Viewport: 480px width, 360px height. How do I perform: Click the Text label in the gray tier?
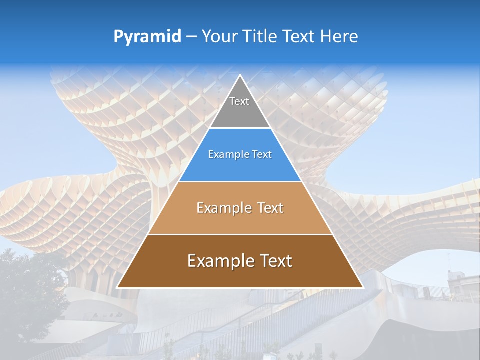[x=239, y=101]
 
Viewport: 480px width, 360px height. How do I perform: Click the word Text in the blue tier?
[x=261, y=155]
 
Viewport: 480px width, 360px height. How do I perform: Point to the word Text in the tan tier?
[x=270, y=208]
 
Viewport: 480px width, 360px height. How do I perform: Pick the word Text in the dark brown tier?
[x=276, y=261]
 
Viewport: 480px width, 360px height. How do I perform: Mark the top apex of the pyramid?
[x=240, y=76]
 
